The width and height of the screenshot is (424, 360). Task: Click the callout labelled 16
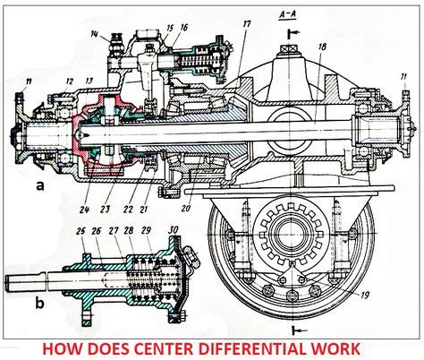(184, 29)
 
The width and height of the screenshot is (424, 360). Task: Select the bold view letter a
(38, 186)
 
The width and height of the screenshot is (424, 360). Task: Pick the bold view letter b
(38, 303)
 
